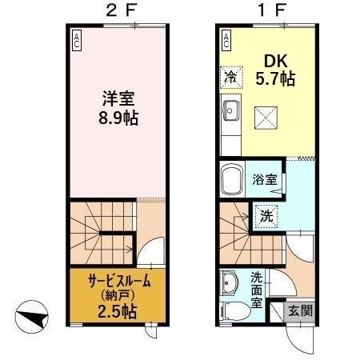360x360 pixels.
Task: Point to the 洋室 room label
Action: click(x=117, y=99)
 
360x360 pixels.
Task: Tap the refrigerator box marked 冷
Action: click(x=230, y=77)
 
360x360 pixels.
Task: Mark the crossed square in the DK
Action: click(x=266, y=117)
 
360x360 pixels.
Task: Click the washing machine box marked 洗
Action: click(x=265, y=214)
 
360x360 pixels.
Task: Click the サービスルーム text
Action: click(x=109, y=281)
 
